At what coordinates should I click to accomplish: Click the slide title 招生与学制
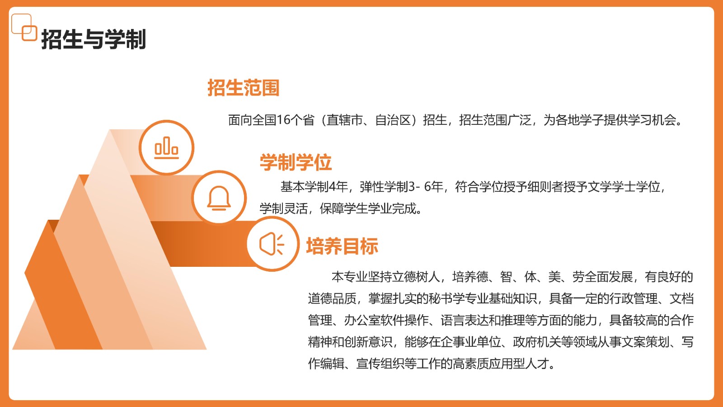tap(94, 39)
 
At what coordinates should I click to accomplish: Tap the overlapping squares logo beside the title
tap(24, 27)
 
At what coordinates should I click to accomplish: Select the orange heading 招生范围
tap(244, 88)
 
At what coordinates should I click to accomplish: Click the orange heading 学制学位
tap(296, 162)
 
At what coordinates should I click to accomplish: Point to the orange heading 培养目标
tap(342, 246)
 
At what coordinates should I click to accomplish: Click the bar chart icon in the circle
tap(167, 148)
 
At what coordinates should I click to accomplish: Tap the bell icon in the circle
tap(219, 198)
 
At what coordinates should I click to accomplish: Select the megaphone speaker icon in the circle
tap(272, 244)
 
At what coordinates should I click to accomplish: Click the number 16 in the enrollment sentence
tap(284, 120)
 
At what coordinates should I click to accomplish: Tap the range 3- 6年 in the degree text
tap(426, 187)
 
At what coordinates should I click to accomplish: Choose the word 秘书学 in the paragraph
tap(446, 299)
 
